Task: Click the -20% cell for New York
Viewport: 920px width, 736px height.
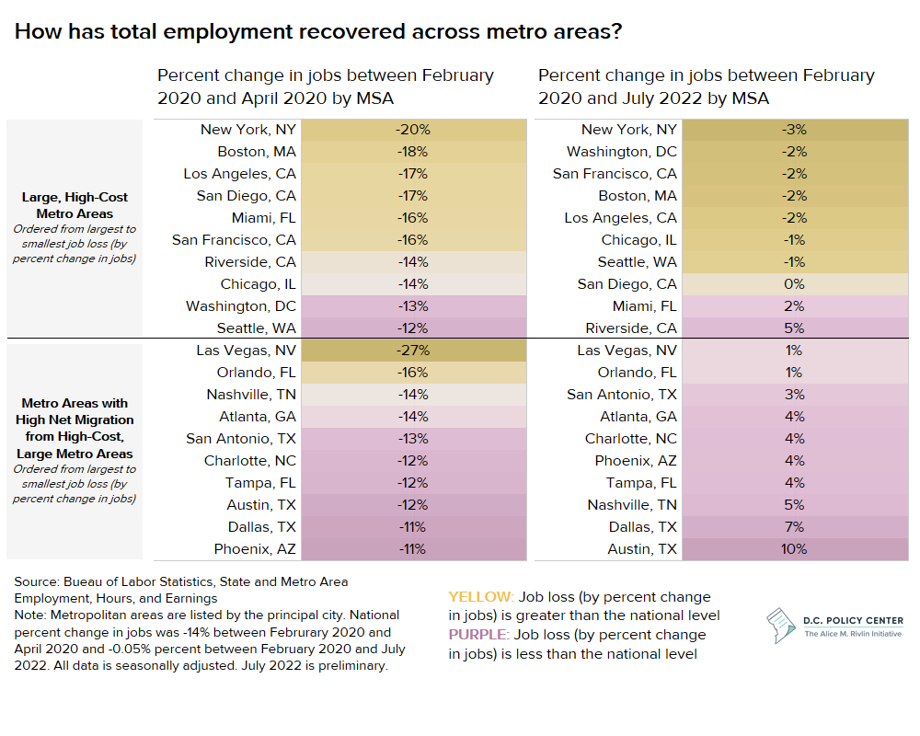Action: [413, 130]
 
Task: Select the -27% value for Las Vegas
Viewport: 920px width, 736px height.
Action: [413, 351]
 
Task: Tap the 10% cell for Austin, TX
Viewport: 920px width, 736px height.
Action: [795, 549]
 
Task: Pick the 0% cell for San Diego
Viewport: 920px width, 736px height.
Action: [795, 284]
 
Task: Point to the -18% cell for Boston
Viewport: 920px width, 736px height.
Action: [413, 152]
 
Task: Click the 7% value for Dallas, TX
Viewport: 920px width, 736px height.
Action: [795, 527]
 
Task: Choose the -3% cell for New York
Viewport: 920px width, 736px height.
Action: [795, 130]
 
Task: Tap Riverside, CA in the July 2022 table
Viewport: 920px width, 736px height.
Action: [631, 328]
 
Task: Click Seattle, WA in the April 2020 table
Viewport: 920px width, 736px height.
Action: [257, 328]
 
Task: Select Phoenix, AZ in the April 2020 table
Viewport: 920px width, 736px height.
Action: [255, 549]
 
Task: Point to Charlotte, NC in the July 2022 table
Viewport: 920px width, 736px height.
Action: [631, 439]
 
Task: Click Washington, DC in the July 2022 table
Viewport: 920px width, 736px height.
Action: [622, 152]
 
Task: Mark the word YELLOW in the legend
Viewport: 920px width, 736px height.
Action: [481, 597]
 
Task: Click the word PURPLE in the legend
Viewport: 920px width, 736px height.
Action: [479, 635]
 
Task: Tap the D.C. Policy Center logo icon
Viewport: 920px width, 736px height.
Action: [781, 626]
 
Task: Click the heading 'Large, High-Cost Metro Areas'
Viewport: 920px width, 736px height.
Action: [75, 205]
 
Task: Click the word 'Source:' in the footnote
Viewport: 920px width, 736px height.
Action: [37, 582]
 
